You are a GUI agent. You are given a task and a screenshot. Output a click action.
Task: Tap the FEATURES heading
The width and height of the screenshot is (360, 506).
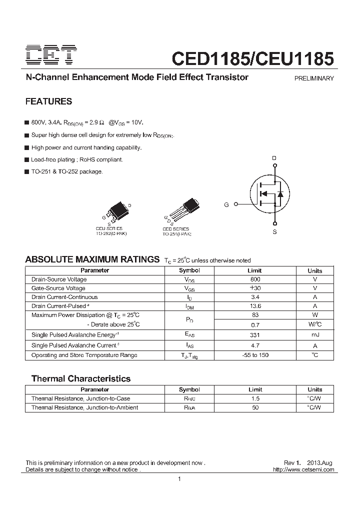click(48, 101)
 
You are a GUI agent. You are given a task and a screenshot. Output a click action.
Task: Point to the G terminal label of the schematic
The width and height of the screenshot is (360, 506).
click(226, 204)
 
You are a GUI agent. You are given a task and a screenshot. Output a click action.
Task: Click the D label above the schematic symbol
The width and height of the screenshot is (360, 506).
click(274, 158)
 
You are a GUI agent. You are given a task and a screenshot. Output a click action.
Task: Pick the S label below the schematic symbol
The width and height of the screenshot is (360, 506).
click(274, 232)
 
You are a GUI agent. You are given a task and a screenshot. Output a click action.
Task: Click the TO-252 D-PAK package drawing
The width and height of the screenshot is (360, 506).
click(116, 212)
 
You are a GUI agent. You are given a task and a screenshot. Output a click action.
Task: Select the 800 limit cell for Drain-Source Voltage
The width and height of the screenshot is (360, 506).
click(255, 279)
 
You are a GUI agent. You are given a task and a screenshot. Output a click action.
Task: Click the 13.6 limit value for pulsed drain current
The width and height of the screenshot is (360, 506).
click(255, 306)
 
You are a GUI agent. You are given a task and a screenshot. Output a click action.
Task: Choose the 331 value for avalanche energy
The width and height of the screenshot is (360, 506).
click(255, 334)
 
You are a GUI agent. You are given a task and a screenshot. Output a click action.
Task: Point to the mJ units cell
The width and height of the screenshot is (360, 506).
click(314, 334)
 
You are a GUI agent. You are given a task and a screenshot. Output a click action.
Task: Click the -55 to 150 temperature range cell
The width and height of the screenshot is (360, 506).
click(255, 355)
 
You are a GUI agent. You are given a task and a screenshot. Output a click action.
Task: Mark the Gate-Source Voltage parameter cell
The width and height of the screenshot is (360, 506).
click(58, 288)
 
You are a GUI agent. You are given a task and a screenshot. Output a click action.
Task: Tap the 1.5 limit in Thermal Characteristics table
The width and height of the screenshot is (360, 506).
click(255, 398)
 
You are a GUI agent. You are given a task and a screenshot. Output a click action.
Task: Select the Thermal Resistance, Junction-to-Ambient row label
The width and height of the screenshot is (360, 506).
click(84, 407)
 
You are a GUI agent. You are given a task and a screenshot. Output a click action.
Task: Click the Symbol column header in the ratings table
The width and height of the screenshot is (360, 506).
click(189, 270)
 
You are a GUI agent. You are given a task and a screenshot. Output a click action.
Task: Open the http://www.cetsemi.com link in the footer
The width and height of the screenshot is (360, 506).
click(303, 470)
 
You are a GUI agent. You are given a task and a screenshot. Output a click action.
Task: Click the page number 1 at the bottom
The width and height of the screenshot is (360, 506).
click(179, 479)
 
